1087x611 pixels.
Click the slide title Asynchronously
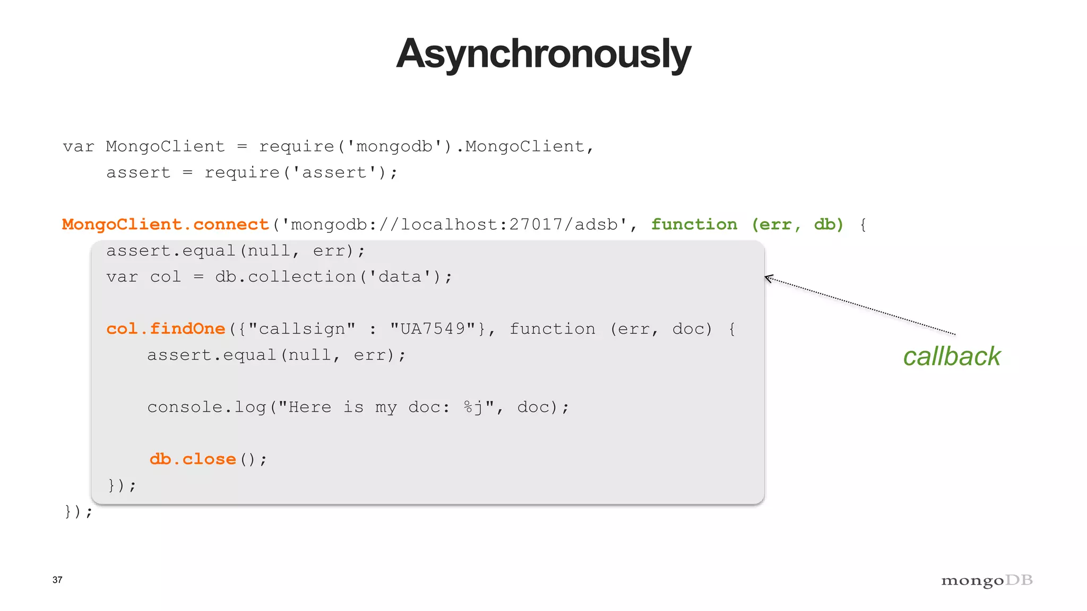pos(543,54)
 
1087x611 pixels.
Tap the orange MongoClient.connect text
pos(165,224)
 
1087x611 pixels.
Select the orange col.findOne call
pos(166,329)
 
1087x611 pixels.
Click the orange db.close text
pos(192,459)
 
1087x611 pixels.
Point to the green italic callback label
pos(952,356)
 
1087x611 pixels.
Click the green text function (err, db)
pos(747,224)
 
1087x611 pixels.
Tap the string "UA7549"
pos(432,329)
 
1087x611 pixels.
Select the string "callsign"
pos(301,329)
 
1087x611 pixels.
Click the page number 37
pos(57,580)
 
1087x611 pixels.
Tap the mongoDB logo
pos(987,581)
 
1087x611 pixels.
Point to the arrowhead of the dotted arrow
pos(767,277)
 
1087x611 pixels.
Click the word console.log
pos(206,407)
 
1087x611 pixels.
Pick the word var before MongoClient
pos(79,146)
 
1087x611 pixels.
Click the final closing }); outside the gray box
pos(78,511)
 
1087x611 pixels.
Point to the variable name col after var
pos(166,277)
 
